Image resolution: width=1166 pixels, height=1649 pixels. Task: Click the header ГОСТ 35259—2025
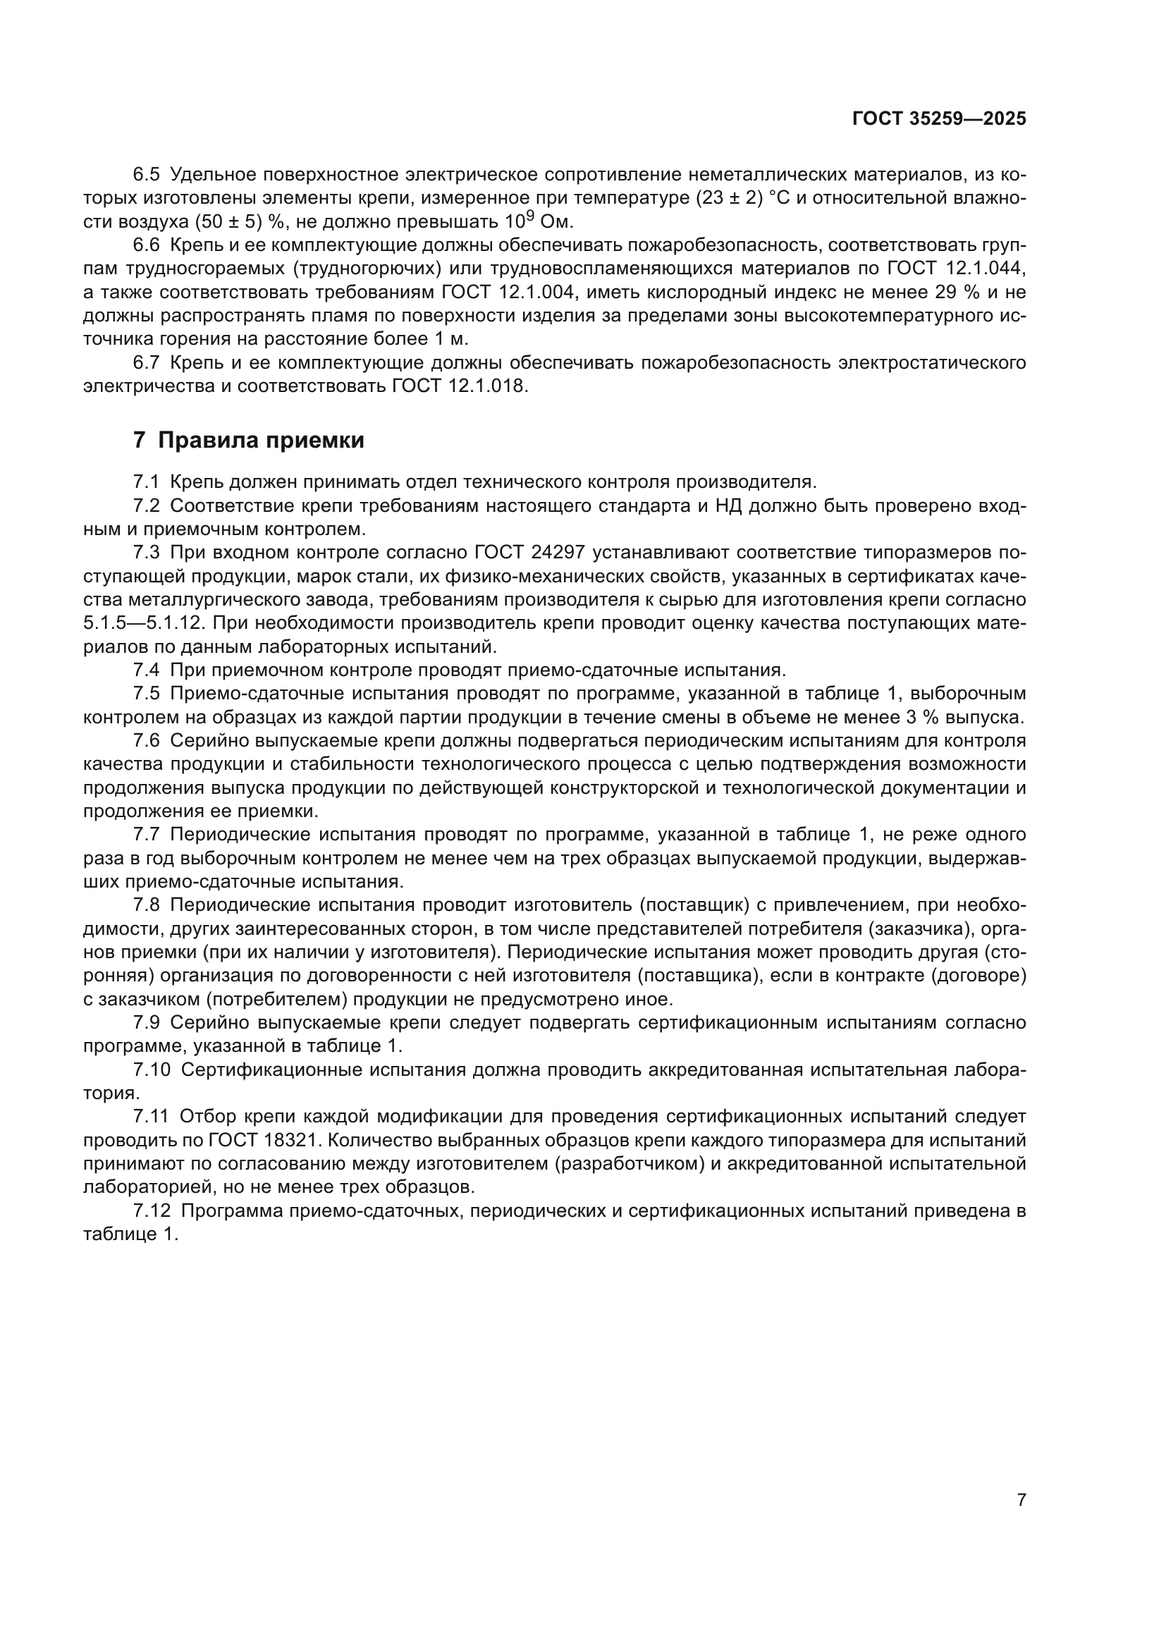[x=939, y=119]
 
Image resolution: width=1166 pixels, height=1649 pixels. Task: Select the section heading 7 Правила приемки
[x=248, y=440]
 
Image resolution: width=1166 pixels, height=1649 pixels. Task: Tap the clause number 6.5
[x=147, y=175]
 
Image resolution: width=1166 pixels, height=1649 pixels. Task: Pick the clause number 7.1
[x=147, y=482]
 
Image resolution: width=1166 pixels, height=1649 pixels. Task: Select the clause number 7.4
[x=147, y=670]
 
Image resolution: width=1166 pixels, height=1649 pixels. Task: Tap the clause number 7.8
[x=147, y=905]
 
